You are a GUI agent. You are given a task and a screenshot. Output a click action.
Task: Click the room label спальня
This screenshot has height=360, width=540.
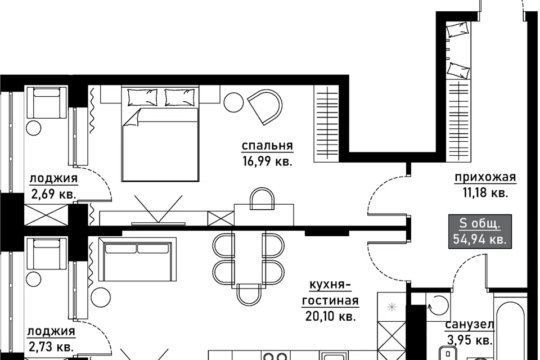pyautogui.click(x=267, y=146)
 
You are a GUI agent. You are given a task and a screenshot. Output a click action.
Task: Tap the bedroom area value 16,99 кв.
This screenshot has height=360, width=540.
pyautogui.click(x=267, y=161)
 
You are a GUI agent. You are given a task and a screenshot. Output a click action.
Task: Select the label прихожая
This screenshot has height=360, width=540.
pyautogui.click(x=485, y=177)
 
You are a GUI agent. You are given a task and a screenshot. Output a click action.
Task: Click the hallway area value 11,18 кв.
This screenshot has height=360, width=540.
pyautogui.click(x=485, y=193)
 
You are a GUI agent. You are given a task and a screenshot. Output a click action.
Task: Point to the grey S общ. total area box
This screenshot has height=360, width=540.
pyautogui.click(x=480, y=232)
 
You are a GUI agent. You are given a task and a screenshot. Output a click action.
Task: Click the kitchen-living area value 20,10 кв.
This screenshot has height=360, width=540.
pyautogui.click(x=330, y=316)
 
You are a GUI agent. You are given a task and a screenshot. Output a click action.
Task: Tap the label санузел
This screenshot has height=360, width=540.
pyautogui.click(x=470, y=325)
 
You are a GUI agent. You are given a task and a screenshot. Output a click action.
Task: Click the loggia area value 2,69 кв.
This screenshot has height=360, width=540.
pyautogui.click(x=53, y=194)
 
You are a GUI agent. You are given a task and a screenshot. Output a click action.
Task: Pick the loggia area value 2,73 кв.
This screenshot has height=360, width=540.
pyautogui.click(x=51, y=346)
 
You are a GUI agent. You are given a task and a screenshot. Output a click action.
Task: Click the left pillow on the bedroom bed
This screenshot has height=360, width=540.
pyautogui.click(x=143, y=97)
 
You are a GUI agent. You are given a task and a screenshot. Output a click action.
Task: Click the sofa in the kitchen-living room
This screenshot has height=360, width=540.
pyautogui.click(x=137, y=259)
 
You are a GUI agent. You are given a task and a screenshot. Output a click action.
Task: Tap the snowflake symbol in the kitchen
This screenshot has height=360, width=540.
pyautogui.click(x=392, y=306)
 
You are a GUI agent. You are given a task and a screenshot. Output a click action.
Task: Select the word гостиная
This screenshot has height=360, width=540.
pyautogui.click(x=330, y=300)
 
